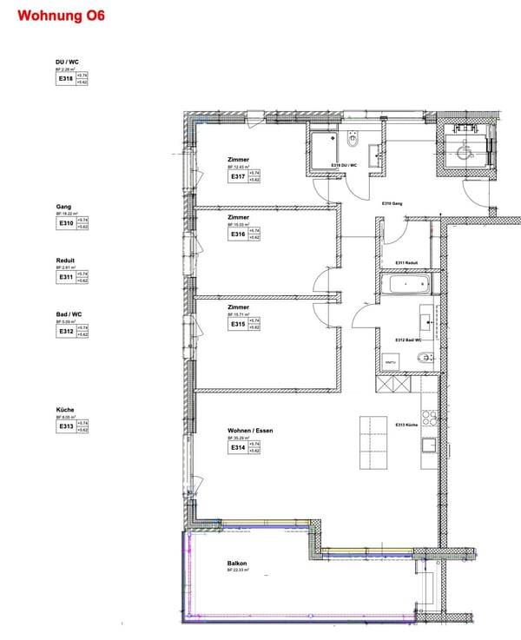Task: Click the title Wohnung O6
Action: click(61, 16)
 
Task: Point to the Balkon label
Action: click(237, 564)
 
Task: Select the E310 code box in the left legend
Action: click(66, 223)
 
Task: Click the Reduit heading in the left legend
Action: click(65, 260)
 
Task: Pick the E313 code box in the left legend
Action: click(66, 426)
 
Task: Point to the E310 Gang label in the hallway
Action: click(393, 203)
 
